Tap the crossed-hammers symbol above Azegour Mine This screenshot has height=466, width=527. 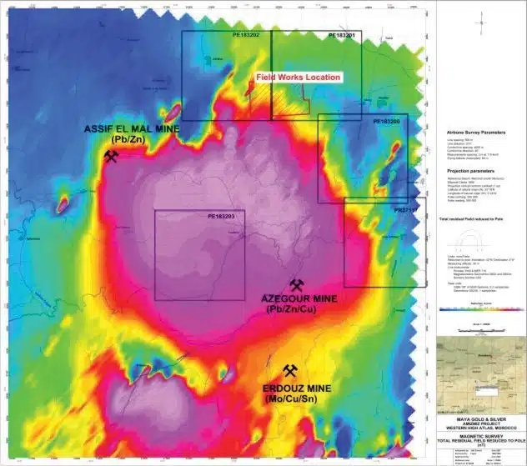(294, 285)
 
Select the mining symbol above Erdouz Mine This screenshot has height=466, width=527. (290, 371)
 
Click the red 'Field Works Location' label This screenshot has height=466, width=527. (298, 78)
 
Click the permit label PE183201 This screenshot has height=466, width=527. (341, 36)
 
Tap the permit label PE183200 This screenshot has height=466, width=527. (385, 122)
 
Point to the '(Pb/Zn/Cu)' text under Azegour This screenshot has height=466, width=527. (292, 309)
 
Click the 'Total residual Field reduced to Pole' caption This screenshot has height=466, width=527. (469, 218)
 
